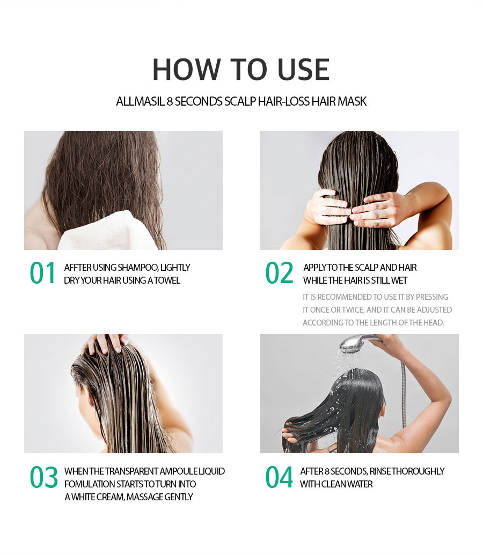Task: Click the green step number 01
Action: pyautogui.click(x=43, y=273)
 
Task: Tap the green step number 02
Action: pyautogui.click(x=279, y=273)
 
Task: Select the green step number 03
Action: pyautogui.click(x=43, y=478)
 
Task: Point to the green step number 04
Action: pyautogui.click(x=279, y=478)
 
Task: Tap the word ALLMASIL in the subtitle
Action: pyautogui.click(x=140, y=101)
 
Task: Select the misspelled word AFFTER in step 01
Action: pyautogui.click(x=77, y=268)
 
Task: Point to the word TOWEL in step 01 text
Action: pyautogui.click(x=167, y=280)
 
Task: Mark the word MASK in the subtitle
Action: pyautogui.click(x=353, y=101)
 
